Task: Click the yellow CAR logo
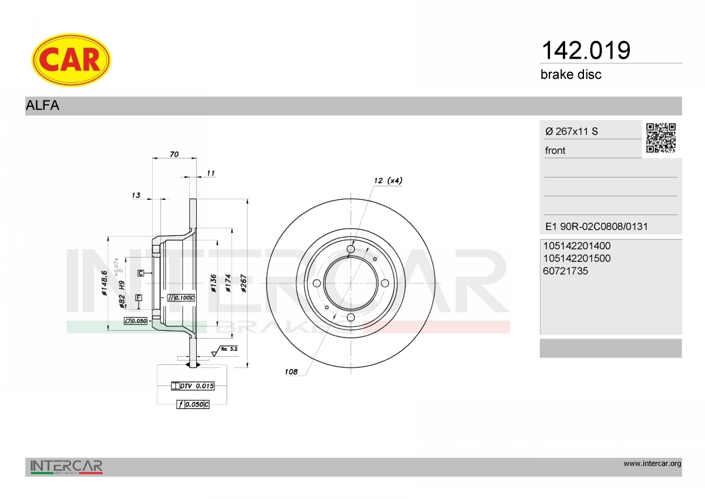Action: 71,60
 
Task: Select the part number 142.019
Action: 586,50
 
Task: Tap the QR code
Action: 661,138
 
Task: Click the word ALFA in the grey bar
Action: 42,105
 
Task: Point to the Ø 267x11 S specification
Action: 572,131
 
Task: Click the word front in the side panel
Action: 555,150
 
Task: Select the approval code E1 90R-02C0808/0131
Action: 596,226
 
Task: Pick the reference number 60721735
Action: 565,271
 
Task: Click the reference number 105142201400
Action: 576,246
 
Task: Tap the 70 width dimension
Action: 174,154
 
